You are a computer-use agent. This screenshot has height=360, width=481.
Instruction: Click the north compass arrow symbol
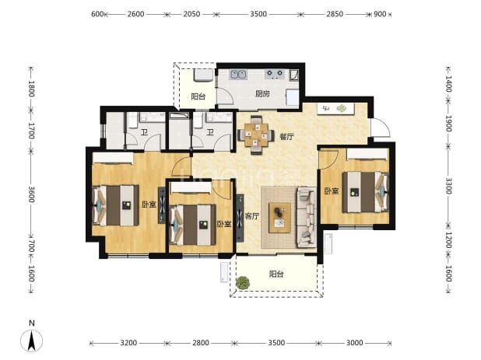[31, 341]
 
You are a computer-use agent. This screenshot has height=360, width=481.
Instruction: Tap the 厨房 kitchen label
[262, 94]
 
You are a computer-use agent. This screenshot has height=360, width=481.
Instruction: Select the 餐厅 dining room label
[286, 137]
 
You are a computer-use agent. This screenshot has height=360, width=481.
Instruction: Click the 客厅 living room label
[252, 216]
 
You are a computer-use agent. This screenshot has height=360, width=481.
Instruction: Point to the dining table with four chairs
[256, 135]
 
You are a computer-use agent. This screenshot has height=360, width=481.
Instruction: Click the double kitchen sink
[238, 75]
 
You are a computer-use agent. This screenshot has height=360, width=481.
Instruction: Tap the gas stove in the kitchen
[275, 74]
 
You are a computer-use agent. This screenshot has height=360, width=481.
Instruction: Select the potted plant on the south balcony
[243, 283]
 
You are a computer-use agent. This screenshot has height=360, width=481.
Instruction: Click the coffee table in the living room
[279, 217]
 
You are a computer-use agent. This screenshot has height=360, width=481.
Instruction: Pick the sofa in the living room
[306, 217]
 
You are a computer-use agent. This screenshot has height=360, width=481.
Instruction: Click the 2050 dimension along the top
[191, 14]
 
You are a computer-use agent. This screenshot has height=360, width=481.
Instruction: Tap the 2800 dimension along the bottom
[201, 343]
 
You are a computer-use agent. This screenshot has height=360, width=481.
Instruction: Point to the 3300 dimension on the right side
[448, 186]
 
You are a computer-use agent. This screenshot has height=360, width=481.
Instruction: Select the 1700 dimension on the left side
[31, 131]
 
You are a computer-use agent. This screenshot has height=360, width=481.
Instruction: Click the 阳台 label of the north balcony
[198, 97]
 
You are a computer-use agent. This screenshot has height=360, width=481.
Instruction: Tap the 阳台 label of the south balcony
[276, 274]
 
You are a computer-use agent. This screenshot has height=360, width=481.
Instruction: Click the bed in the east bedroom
[365, 192]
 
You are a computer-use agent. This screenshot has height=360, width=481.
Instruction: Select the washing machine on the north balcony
[203, 75]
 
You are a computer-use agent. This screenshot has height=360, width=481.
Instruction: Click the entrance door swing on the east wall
[381, 128]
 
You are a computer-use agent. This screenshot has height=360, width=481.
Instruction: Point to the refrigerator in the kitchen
[293, 98]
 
